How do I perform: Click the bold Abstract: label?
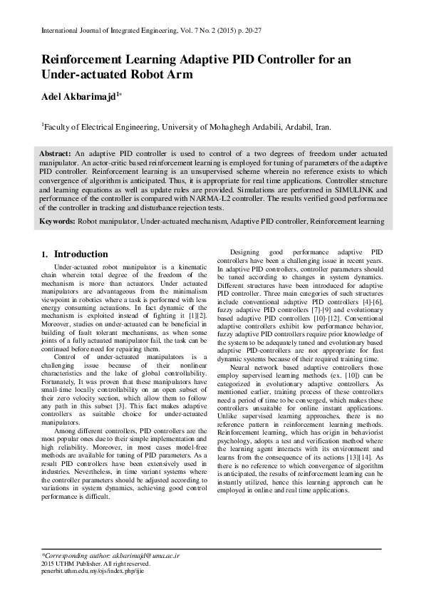[x=55, y=154]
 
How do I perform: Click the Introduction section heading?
[x=81, y=254]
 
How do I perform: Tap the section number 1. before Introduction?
[x=45, y=254]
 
